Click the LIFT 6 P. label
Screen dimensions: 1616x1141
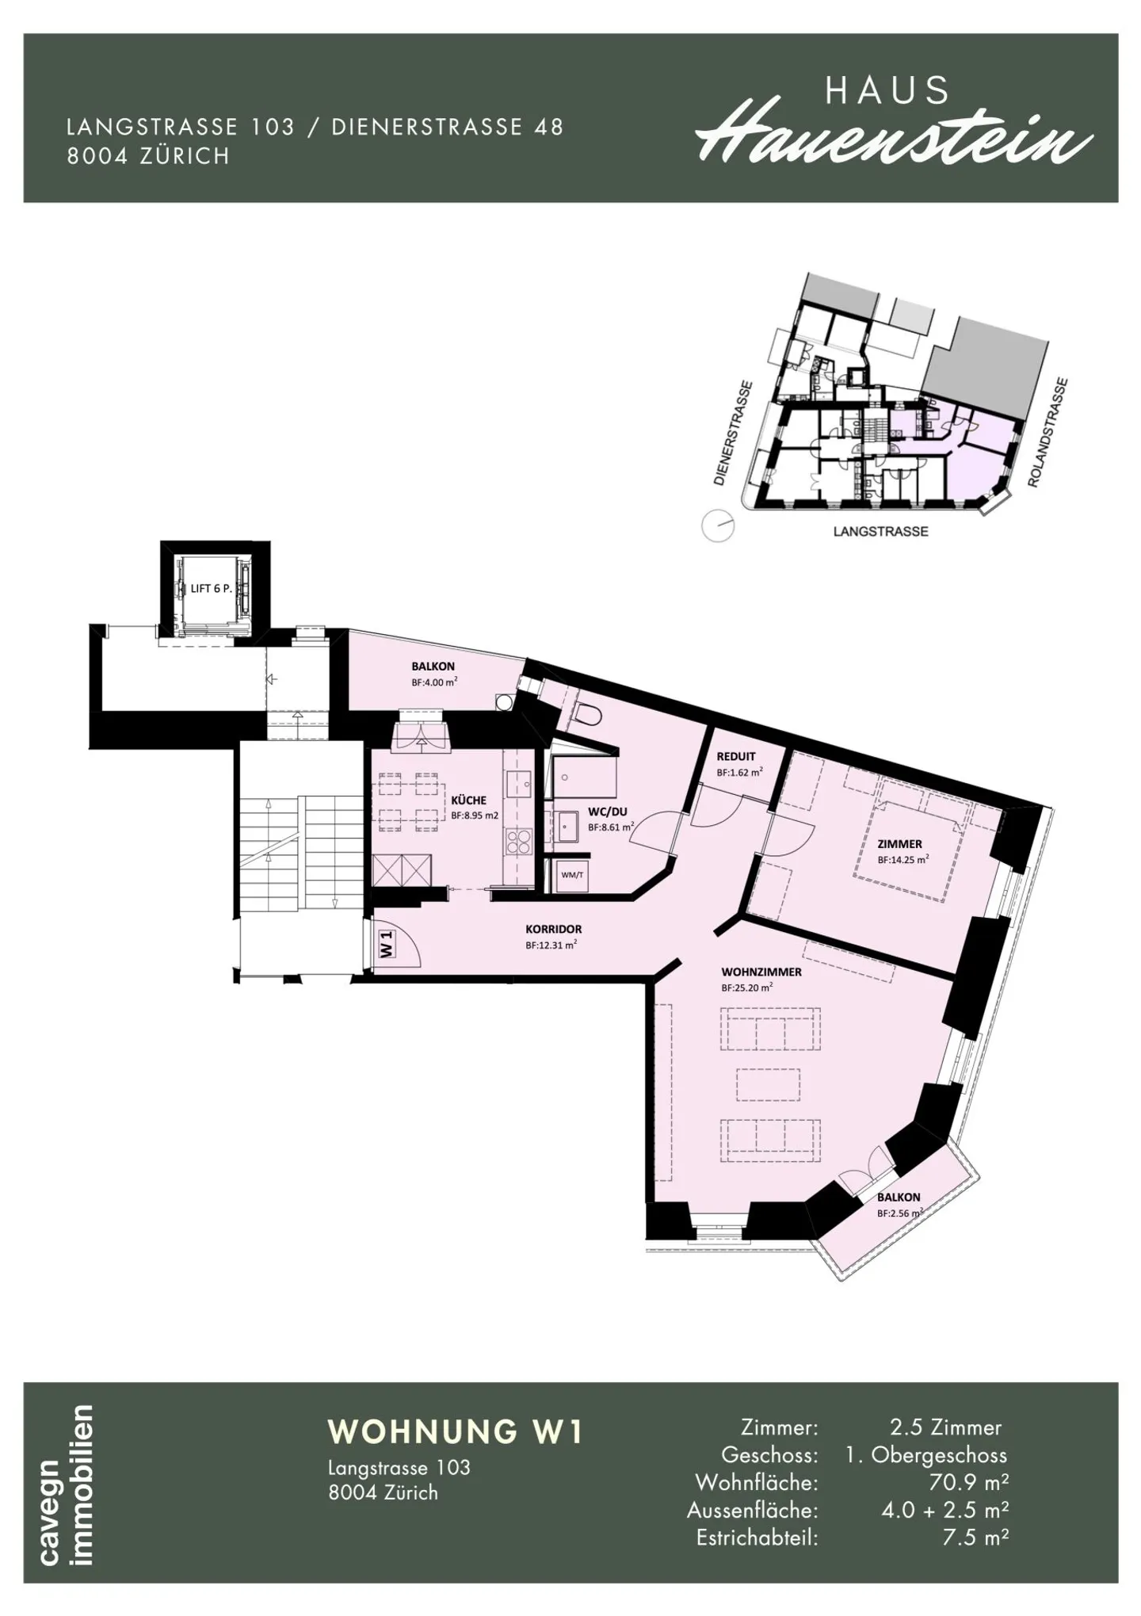[x=211, y=589]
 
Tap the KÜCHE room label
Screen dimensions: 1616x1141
[x=468, y=800]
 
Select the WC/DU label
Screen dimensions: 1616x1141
[x=608, y=812]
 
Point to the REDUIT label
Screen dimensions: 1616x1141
[x=736, y=756]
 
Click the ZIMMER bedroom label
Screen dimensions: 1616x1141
[x=899, y=844]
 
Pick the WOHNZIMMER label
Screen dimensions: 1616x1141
[x=761, y=972]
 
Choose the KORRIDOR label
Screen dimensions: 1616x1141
[x=553, y=929]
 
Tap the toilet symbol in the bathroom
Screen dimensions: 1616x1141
[x=588, y=714]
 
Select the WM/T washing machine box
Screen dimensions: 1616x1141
[x=572, y=875]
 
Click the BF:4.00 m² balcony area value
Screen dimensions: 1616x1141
[x=434, y=682]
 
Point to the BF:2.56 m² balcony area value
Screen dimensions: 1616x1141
[x=900, y=1213]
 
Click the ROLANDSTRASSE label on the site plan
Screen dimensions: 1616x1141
[x=1048, y=433]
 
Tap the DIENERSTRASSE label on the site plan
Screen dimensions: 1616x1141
[x=732, y=433]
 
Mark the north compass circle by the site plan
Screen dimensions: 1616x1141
[x=719, y=525]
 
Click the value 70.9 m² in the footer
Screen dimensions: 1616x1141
[x=968, y=1481]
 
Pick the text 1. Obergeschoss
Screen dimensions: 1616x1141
[x=927, y=1454]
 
